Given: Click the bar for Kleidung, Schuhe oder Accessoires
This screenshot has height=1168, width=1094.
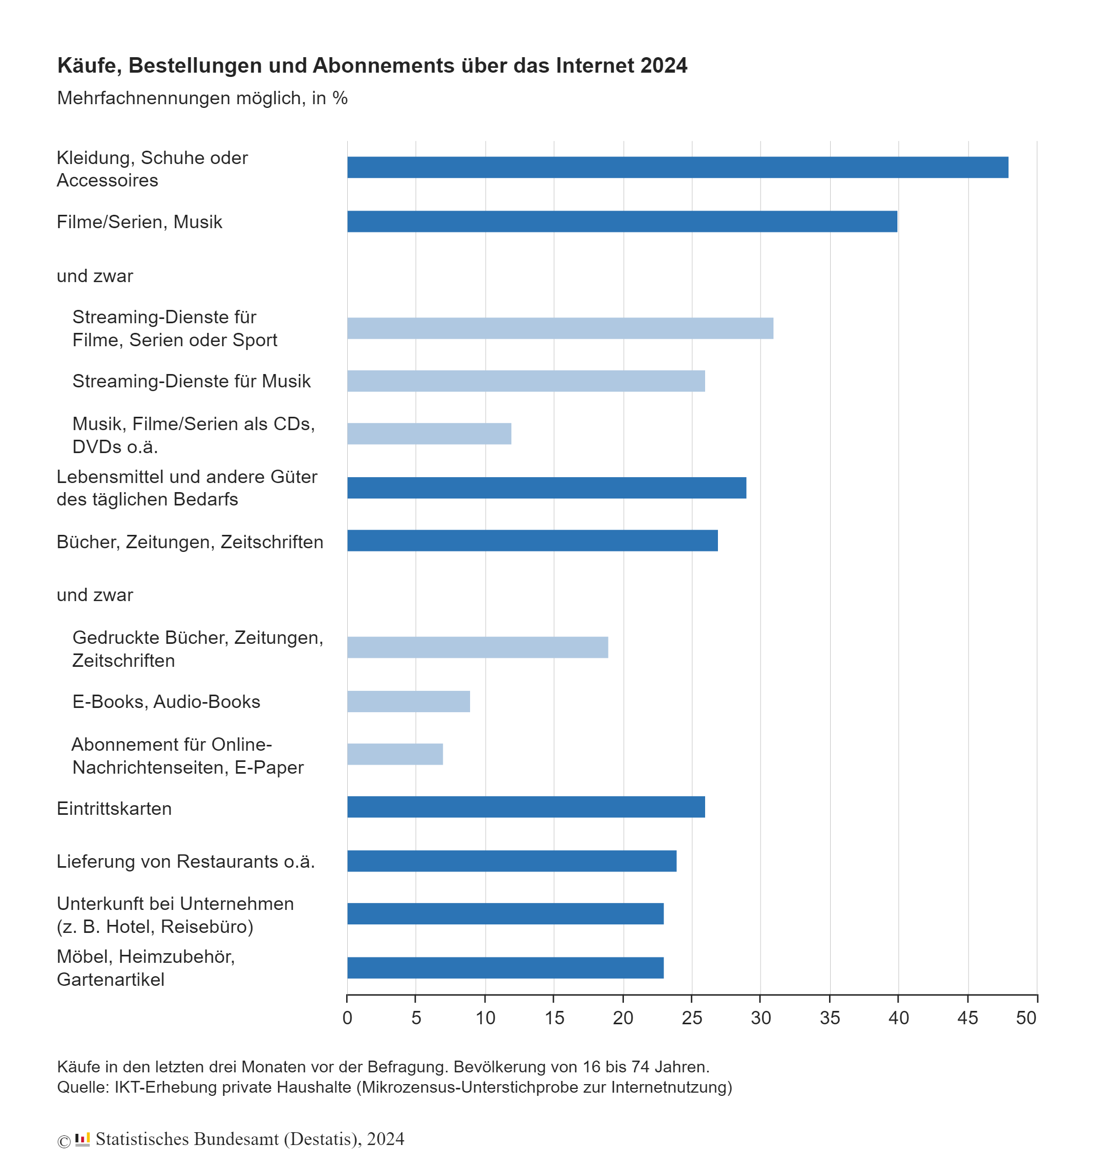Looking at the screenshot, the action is pos(677,167).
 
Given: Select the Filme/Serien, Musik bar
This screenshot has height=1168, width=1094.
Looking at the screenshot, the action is pos(622,222).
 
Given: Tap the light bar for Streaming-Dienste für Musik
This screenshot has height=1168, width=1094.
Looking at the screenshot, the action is pos(526,381).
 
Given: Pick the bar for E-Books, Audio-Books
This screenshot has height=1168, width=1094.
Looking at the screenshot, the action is pos(408,701).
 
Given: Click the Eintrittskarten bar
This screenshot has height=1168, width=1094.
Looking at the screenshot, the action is pos(526,807).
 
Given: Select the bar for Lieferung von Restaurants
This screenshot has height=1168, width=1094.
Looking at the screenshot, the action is pos(512,861).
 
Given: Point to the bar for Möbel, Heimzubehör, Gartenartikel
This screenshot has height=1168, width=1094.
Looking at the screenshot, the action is pos(505,968).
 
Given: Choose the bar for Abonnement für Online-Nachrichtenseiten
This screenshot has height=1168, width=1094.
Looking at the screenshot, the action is pos(395,754).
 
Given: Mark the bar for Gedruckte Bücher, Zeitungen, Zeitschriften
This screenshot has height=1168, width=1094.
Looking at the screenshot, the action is pos(478,647).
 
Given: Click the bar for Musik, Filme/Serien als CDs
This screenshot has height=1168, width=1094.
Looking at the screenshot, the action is pos(429,434).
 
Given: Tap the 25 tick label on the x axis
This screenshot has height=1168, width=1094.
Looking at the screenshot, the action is pos(692,1018).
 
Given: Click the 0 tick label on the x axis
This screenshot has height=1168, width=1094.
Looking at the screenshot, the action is pos(347,1018).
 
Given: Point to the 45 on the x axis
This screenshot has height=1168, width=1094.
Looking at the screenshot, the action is pos(968,1018).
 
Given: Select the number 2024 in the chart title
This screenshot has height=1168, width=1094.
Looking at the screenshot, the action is pos(664,65).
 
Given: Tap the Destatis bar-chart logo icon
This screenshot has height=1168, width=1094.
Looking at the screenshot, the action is pos(82,1139).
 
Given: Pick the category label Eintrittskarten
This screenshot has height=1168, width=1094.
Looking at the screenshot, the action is pos(114,808).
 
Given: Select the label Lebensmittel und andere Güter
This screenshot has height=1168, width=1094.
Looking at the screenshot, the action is pos(187,477).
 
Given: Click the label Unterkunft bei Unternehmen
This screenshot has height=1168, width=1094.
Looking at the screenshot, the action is pos(175,904).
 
